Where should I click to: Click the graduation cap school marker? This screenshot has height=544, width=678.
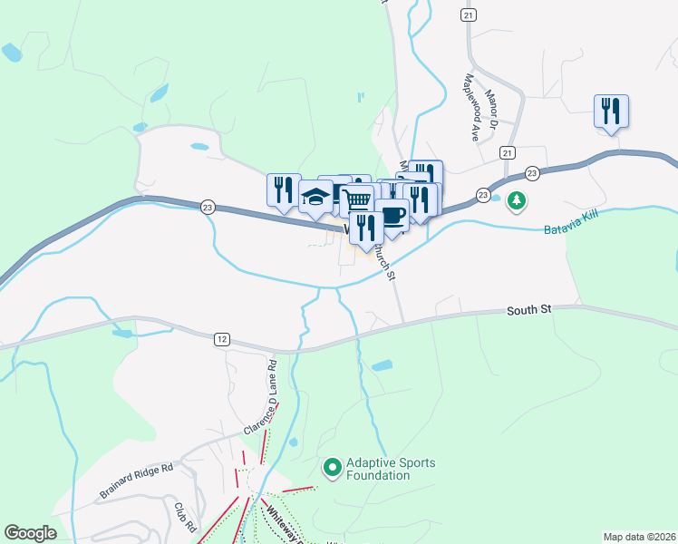point(314,196)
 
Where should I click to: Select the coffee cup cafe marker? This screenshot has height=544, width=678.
point(392,215)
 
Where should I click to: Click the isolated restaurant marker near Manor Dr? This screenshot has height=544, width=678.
point(611,112)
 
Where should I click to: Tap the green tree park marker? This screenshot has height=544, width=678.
point(517,200)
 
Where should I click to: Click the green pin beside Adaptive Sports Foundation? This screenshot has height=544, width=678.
point(332,469)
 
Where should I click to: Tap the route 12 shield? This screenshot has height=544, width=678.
point(222,338)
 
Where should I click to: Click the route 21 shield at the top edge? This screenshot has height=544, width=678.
point(468,15)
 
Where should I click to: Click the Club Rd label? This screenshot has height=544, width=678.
point(185,517)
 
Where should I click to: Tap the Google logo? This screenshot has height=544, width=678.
point(30,533)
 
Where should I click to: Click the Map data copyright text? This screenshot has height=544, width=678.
point(639,537)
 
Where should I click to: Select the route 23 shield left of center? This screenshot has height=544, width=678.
point(208,207)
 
